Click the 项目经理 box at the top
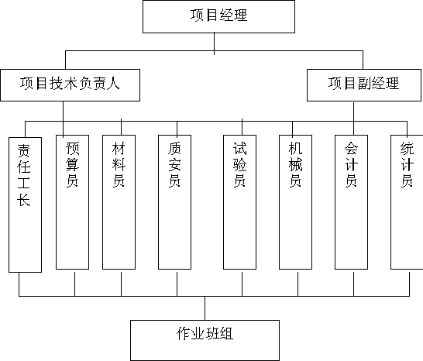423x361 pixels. pyautogui.click(x=218, y=17)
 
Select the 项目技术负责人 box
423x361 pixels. pyautogui.click(x=70, y=85)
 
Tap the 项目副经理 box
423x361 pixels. pyautogui.click(x=364, y=85)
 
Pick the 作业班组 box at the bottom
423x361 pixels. pyautogui.click(x=205, y=340)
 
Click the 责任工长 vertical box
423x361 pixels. pyautogui.click(x=25, y=205)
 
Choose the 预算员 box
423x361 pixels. pyautogui.click(x=72, y=202)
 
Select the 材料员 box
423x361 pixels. pyautogui.click(x=119, y=202)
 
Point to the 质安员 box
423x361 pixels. pyautogui.click(x=174, y=202)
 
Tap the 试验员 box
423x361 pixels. pyautogui.click(x=239, y=202)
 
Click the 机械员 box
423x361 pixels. pyautogui.click(x=295, y=202)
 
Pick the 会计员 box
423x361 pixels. pyautogui.click(x=351, y=202)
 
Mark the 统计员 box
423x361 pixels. pyautogui.click(x=407, y=202)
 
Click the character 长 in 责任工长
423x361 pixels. pyautogui.click(x=23, y=200)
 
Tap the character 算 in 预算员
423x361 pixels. pyautogui.click(x=72, y=164)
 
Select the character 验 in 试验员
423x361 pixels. pyautogui.click(x=239, y=164)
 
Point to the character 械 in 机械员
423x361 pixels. pyautogui.click(x=295, y=164)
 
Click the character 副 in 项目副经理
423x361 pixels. pyautogui.click(x=364, y=84)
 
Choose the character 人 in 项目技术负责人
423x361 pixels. pyautogui.click(x=112, y=83)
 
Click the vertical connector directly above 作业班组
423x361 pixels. pyautogui.click(x=205, y=308)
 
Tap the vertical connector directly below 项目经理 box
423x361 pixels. pyautogui.click(x=214, y=43)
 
